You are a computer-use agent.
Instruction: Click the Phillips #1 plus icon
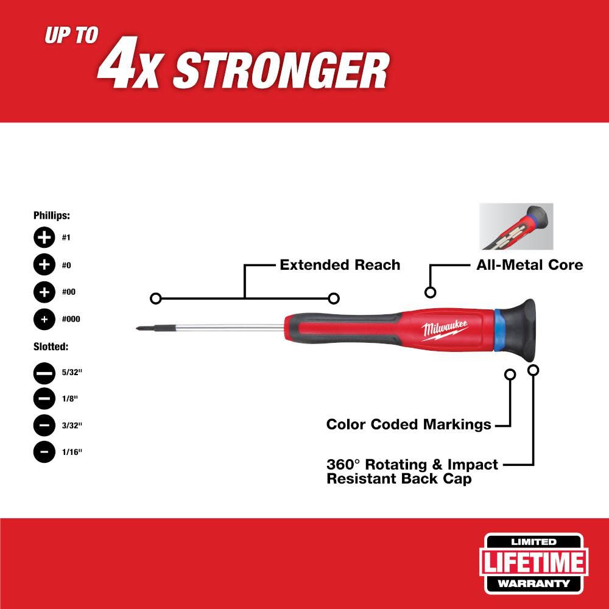(x=44, y=237)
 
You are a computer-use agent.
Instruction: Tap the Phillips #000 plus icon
(x=44, y=319)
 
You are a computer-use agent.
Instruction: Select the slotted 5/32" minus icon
(x=44, y=373)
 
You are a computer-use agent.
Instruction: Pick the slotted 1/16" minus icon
(x=44, y=452)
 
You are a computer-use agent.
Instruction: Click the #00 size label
(x=69, y=292)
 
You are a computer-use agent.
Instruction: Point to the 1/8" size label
(x=70, y=399)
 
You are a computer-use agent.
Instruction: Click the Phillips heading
(x=52, y=216)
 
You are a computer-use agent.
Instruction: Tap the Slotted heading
(x=51, y=347)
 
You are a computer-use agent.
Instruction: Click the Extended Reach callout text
(x=340, y=265)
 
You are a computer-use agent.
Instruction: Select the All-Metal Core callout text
(x=530, y=265)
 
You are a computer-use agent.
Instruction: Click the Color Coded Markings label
(x=409, y=424)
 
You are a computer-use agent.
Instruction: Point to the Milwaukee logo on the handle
(x=445, y=331)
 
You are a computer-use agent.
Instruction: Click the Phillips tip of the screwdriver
(x=142, y=329)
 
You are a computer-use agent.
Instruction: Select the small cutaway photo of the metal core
(x=516, y=227)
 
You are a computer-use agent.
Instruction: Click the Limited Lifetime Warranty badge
(x=533, y=563)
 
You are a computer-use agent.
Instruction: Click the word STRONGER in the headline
(x=281, y=71)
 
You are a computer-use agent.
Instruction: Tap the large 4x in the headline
(x=128, y=63)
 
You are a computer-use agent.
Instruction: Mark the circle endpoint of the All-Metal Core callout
(x=430, y=292)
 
